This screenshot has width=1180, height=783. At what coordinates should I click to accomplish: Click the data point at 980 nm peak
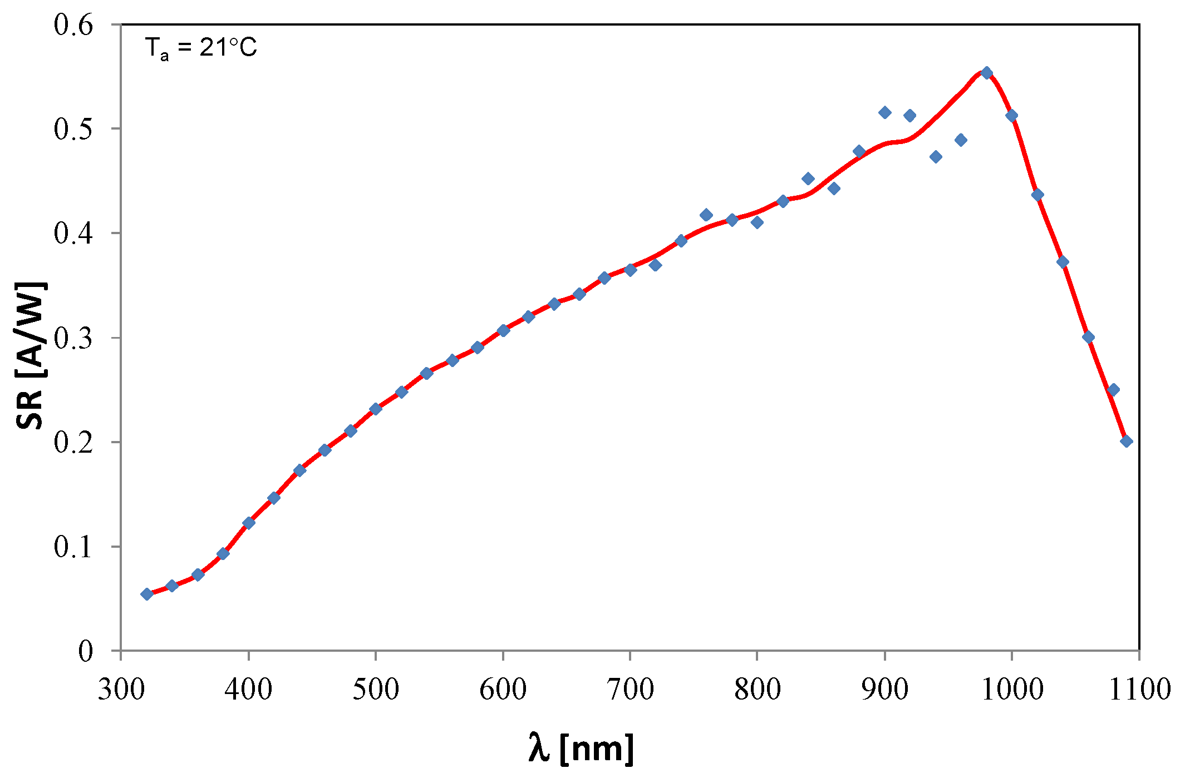pos(987,73)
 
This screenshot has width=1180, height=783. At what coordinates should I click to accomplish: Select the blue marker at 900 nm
pos(884,113)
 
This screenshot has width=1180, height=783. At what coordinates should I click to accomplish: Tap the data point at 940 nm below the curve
pos(936,157)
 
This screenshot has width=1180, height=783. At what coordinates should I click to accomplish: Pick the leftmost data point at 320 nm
pos(147,594)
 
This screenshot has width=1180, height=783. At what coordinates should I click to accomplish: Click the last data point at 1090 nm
pos(1126,441)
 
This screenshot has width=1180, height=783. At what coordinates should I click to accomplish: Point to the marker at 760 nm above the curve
pos(706,215)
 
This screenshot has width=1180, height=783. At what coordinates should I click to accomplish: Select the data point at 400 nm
pos(249,523)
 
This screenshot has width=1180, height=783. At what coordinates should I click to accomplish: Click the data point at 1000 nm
pos(1012,116)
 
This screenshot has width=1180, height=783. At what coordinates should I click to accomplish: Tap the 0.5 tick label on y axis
pos(73,129)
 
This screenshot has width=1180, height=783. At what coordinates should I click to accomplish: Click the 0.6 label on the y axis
pos(73,25)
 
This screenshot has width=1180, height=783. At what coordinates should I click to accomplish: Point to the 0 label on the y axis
pos(85,651)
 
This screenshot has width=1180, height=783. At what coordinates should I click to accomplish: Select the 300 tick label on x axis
pos(121,690)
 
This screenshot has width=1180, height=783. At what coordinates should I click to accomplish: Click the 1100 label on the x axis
pos(1139,690)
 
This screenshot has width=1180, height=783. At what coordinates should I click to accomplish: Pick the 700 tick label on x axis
pos(630,690)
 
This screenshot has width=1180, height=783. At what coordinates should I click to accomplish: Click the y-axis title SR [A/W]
pos(31,356)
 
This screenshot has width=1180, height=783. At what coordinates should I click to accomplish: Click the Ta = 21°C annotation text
pos(201,48)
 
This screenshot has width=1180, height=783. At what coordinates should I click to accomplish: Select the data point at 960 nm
pos(961,140)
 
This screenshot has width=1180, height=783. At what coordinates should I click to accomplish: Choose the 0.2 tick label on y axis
pos(73,443)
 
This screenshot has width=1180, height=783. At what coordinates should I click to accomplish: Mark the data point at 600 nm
pos(503,330)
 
